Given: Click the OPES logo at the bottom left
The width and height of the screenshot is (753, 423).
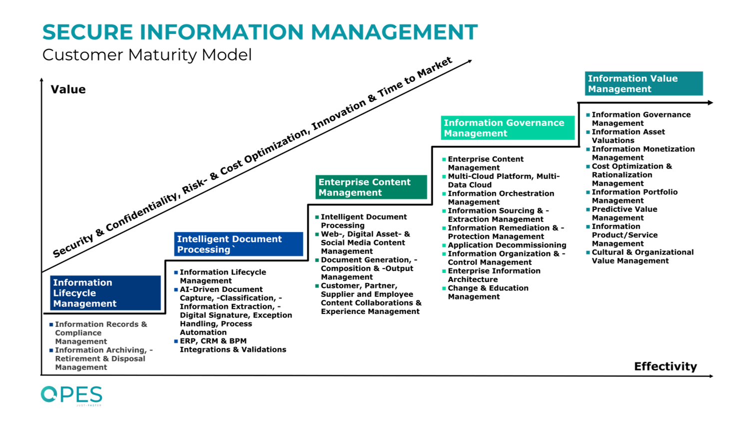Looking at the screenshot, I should point(71,395).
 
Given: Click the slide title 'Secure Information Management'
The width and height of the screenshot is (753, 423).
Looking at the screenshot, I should point(260,32).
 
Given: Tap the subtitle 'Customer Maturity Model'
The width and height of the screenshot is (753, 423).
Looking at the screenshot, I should point(147,54).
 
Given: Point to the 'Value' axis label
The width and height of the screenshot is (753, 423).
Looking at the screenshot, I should point(68,89).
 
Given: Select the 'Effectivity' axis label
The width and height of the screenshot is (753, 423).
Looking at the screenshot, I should point(665,366).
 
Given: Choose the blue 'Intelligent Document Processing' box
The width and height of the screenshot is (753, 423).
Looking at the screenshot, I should point(238,244).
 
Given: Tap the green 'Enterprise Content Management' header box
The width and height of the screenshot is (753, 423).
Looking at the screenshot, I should point(371,187).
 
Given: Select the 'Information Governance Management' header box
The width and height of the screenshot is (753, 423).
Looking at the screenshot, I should point(508,128).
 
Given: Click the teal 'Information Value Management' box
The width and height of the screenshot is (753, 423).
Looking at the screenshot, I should point(644,83).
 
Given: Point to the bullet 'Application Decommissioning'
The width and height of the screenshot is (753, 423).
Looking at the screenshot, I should point(507,245).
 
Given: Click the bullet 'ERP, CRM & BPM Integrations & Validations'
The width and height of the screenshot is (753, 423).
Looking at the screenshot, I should point(232,345).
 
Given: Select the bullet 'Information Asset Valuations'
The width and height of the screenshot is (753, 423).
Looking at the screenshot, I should point(628,136).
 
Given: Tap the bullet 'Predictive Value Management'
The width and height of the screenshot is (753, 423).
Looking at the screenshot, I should point(624,213).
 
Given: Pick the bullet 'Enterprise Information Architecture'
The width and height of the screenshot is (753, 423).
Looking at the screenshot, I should point(494,275).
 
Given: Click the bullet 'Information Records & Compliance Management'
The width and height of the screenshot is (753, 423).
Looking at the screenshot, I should point(100,332).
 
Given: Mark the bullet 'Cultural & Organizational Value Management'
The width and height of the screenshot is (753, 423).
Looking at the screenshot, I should point(642,256).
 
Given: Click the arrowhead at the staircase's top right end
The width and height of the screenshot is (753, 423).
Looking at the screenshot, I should point(710,103).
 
